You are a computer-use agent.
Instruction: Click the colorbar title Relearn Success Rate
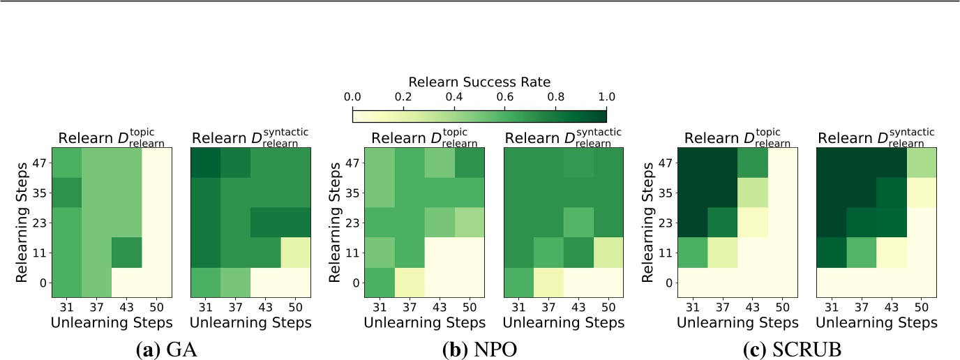point(479,81)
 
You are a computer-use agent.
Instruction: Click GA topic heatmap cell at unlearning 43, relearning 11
point(126,253)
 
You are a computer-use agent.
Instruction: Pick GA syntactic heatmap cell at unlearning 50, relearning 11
point(295,253)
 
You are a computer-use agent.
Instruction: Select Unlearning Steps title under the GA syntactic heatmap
point(250,322)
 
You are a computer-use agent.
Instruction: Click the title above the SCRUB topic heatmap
point(737,138)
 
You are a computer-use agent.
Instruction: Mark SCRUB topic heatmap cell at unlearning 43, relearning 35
point(753,193)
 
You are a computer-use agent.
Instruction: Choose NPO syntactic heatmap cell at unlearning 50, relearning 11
point(607,253)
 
